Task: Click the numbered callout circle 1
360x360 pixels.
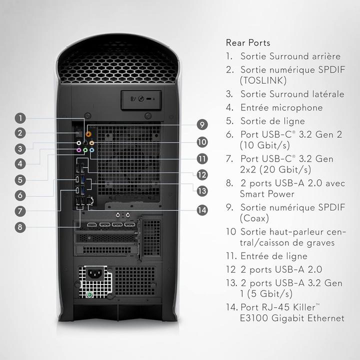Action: click(x=19, y=118)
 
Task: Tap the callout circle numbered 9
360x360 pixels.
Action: click(x=201, y=124)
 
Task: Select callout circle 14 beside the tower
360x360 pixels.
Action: click(x=201, y=210)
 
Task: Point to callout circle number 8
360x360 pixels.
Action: click(x=19, y=226)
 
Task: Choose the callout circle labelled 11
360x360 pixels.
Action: click(x=201, y=159)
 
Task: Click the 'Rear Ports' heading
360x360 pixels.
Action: click(x=248, y=42)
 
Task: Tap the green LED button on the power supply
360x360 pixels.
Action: click(x=89, y=295)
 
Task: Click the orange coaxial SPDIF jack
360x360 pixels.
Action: click(x=88, y=133)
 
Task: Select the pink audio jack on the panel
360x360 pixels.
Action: click(x=78, y=148)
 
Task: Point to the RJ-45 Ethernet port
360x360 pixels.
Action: click(x=90, y=200)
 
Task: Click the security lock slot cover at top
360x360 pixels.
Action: click(x=140, y=99)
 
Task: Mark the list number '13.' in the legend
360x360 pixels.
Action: click(x=231, y=283)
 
